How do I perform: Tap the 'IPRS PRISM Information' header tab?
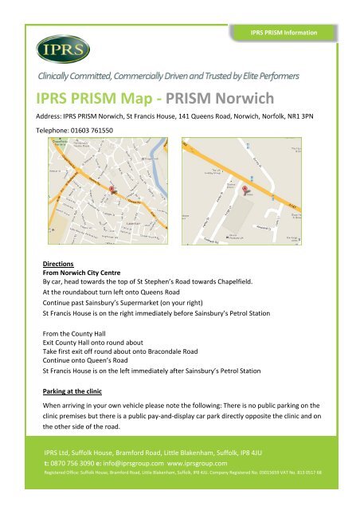click(285, 32)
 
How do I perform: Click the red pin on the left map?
click(112, 192)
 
